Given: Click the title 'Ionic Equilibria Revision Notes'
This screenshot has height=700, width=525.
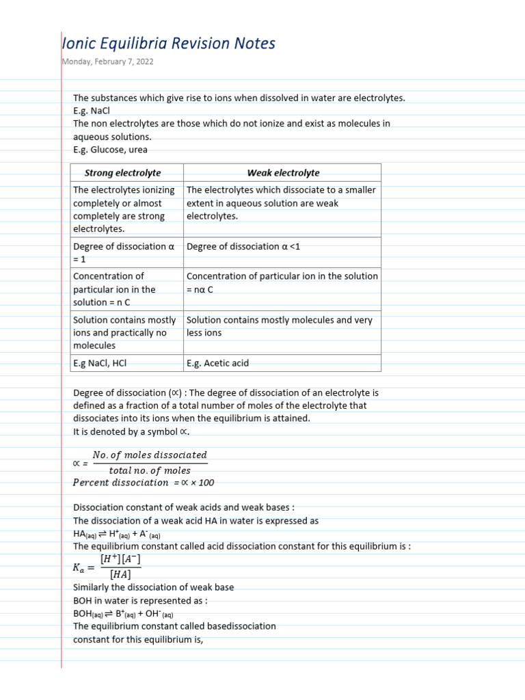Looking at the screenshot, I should (168, 44).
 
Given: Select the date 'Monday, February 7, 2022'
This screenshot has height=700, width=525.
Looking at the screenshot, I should (108, 62).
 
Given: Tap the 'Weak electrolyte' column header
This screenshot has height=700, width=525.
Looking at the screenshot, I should (283, 173).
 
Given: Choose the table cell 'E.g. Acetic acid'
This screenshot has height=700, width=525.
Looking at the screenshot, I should (217, 363).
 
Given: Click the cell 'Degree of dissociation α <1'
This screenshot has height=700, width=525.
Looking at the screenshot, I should (243, 247).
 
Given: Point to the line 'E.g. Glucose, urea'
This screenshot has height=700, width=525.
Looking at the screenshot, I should (110, 150).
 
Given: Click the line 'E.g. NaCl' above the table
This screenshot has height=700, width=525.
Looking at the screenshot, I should (92, 111).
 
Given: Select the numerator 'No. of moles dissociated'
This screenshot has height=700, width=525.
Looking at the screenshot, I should (149, 455).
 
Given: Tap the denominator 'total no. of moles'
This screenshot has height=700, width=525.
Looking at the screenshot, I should (150, 470).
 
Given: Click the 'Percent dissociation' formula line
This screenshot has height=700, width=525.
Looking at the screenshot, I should (143, 483).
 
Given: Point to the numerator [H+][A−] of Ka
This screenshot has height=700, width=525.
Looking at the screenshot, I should (120, 560).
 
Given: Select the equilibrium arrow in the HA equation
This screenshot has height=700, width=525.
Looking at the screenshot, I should (101, 534).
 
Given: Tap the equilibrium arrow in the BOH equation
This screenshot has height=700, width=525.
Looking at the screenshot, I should (108, 613).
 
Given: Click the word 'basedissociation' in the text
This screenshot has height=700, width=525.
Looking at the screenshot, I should (242, 626).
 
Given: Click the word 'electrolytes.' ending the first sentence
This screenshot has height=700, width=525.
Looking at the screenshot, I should (380, 98).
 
